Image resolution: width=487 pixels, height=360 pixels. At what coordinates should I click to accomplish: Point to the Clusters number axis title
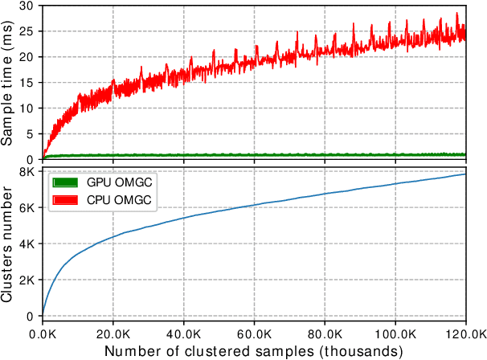click(x=10, y=243)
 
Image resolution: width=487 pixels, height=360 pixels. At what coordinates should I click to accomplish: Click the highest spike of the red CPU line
click(x=457, y=13)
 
